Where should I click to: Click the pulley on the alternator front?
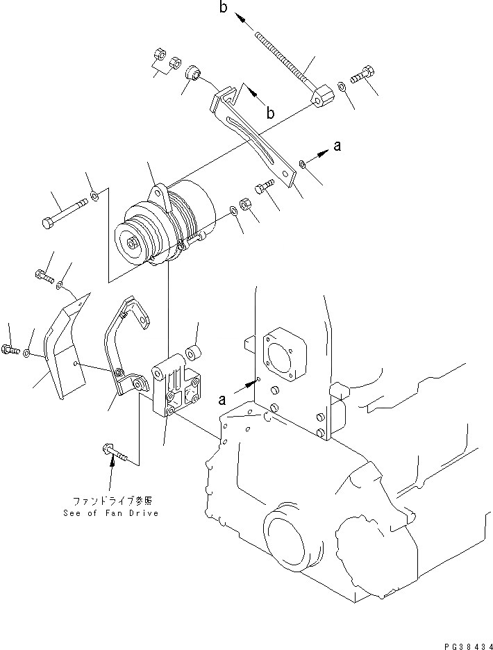135,243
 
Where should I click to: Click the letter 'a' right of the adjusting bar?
337,146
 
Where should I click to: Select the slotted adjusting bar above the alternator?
253,132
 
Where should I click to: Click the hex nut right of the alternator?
245,205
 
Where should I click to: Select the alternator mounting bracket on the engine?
177,385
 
